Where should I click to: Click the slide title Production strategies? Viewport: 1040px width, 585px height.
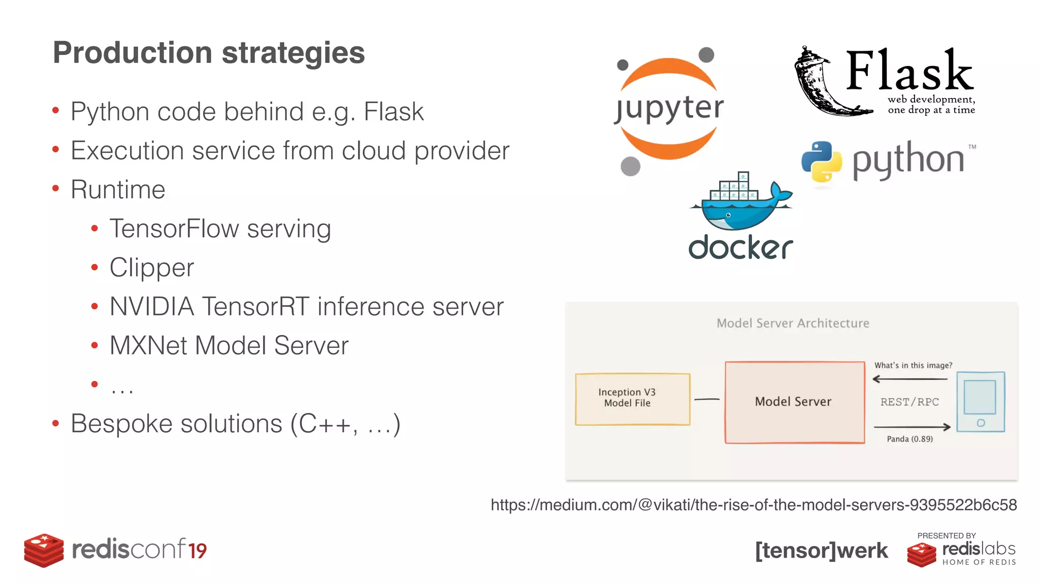[x=208, y=53]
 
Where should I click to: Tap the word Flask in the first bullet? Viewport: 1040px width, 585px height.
[x=394, y=112]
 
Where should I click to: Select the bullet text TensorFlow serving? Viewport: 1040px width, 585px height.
[x=220, y=229]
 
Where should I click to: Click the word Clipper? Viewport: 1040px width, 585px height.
[x=151, y=268]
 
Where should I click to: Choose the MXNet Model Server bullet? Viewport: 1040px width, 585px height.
[x=229, y=346]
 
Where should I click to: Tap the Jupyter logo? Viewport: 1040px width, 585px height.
[x=668, y=109]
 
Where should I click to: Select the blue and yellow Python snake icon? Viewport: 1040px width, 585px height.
[x=821, y=161]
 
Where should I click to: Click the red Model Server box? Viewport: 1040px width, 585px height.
[x=794, y=402]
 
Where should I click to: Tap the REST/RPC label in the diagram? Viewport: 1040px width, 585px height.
[x=909, y=402]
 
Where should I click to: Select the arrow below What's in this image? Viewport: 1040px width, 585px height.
[x=909, y=379]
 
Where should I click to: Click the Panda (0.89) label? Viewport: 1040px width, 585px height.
[x=909, y=439]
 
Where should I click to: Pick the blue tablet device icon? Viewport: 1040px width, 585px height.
[x=980, y=402]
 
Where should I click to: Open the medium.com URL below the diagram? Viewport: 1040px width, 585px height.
[x=753, y=505]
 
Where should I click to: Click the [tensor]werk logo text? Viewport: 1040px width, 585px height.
[x=821, y=550]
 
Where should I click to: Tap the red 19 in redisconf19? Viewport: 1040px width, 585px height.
[x=197, y=551]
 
